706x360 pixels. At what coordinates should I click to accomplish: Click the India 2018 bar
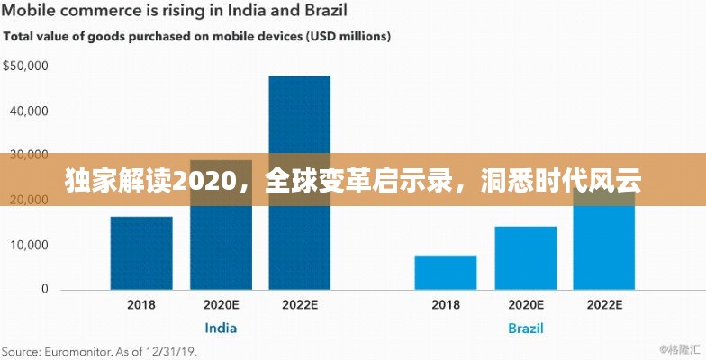(141, 253)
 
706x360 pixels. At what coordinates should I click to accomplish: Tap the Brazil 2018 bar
(446, 273)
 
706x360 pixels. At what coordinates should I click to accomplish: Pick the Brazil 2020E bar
(525, 257)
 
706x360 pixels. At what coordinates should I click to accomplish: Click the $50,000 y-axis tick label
(25, 67)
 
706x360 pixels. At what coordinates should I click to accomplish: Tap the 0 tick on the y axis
(43, 290)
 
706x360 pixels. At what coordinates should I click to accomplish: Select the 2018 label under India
(141, 305)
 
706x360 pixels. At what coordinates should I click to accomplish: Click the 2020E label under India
(221, 305)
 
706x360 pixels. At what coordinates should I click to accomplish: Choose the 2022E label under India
(300, 305)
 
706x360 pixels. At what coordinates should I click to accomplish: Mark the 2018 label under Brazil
(446, 305)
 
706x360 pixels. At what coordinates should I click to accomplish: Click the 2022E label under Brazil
(604, 305)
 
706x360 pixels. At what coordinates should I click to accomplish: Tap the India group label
(221, 328)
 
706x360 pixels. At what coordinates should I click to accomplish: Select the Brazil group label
(525, 328)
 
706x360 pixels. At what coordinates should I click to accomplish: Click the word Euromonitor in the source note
(85, 350)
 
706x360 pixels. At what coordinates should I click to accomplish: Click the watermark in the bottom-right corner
(676, 348)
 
